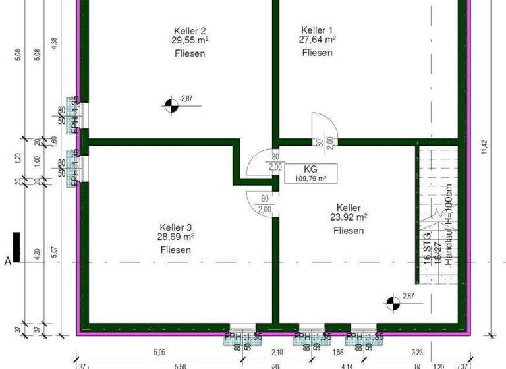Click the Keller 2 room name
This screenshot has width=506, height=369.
click(x=190, y=30)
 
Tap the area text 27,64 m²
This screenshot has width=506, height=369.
click(x=317, y=40)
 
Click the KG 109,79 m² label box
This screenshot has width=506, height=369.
click(x=306, y=174)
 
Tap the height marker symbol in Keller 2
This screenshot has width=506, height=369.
click(x=171, y=103)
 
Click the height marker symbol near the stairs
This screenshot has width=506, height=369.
click(x=393, y=302)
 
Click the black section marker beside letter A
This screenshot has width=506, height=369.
click(x=16, y=247)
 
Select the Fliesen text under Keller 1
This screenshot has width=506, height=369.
click(x=317, y=53)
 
